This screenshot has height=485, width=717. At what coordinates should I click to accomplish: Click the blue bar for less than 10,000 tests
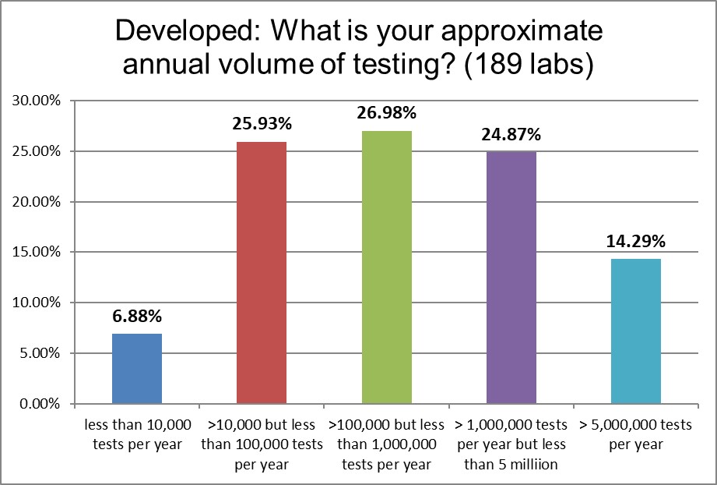point(137,369)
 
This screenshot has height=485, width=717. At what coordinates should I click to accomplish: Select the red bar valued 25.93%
point(262,273)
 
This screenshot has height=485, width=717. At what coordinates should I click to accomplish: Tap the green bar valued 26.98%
point(387,267)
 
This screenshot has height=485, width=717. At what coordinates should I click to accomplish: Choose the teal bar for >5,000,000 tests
point(636,331)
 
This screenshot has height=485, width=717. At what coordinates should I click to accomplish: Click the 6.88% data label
point(137,317)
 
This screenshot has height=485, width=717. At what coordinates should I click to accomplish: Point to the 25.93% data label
point(262,124)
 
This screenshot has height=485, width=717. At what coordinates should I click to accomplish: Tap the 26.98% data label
point(387,113)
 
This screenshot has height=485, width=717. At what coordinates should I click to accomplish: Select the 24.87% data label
point(511,134)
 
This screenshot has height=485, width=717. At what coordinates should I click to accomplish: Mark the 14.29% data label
point(636,242)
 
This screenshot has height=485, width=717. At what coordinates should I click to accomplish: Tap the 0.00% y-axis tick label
point(37,404)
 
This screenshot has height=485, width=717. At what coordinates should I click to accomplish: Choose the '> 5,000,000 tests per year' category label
point(636,435)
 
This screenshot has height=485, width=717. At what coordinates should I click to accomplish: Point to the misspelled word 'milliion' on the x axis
point(542,465)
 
